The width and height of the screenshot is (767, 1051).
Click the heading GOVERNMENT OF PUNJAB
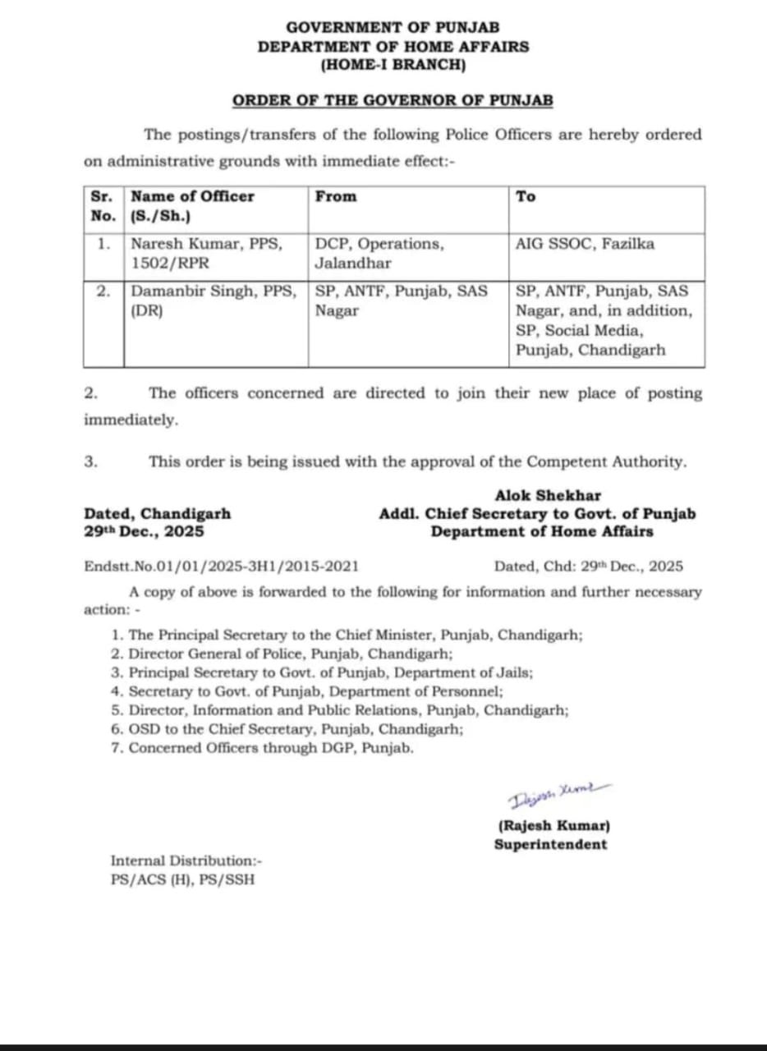pyautogui.click(x=393, y=27)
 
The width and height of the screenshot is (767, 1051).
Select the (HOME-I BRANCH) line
pyautogui.click(x=393, y=66)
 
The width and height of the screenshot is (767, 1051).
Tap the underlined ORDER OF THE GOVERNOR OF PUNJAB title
pyautogui.click(x=393, y=101)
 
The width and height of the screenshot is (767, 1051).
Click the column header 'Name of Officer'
pyautogui.click(x=193, y=197)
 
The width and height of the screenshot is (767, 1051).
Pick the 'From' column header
pyautogui.click(x=336, y=197)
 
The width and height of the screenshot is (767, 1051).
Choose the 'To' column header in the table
pyautogui.click(x=526, y=197)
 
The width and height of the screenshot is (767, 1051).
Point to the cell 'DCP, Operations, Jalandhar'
pyautogui.click(x=379, y=254)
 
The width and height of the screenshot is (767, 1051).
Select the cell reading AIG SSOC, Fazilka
pyautogui.click(x=585, y=244)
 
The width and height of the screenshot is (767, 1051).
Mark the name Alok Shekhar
pyautogui.click(x=548, y=496)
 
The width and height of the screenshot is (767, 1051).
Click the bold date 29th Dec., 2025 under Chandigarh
pyautogui.click(x=144, y=532)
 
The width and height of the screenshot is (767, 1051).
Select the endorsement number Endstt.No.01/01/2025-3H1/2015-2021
pyautogui.click(x=221, y=567)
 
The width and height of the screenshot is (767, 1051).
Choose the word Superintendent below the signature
pyautogui.click(x=550, y=844)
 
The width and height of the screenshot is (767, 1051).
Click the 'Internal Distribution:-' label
pyautogui.click(x=186, y=861)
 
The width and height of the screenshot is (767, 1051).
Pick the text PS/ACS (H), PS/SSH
pyautogui.click(x=182, y=879)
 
